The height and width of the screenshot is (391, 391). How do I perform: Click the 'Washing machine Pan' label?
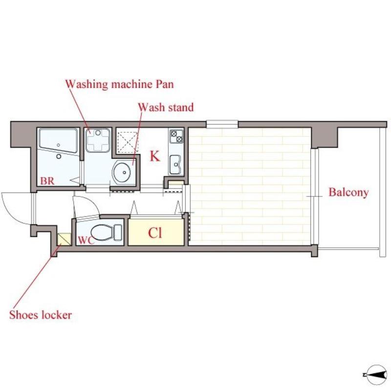(x=119, y=84)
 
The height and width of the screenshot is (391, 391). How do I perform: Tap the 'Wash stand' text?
(x=166, y=107)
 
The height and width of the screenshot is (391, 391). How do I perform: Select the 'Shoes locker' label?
(x=41, y=315)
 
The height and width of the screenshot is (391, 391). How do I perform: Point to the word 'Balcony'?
(x=348, y=193)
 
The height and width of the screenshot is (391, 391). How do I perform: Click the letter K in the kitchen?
(x=154, y=156)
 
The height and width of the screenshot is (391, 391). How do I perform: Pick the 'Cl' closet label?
(x=155, y=233)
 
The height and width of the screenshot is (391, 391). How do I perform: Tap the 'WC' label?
(x=86, y=240)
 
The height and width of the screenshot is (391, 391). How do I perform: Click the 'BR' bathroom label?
(x=47, y=181)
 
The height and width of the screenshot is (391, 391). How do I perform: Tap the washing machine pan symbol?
(x=97, y=140)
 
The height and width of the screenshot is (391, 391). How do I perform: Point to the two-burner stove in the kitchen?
(x=176, y=136)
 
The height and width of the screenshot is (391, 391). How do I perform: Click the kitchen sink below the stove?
(x=176, y=165)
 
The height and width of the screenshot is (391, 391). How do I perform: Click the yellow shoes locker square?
(x=64, y=239)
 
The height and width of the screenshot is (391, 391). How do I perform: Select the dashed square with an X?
(x=128, y=142)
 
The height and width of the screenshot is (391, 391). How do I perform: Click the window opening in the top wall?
(x=222, y=124)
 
